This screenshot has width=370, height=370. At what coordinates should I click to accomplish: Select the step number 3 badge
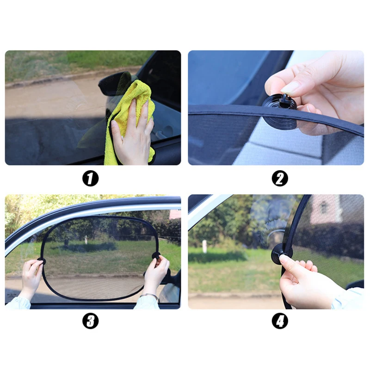[90, 321]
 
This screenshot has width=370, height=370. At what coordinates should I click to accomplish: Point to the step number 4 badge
[279, 321]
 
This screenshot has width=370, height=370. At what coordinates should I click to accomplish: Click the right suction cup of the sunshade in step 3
[156, 255]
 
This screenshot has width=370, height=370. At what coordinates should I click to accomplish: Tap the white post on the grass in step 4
[204, 247]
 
